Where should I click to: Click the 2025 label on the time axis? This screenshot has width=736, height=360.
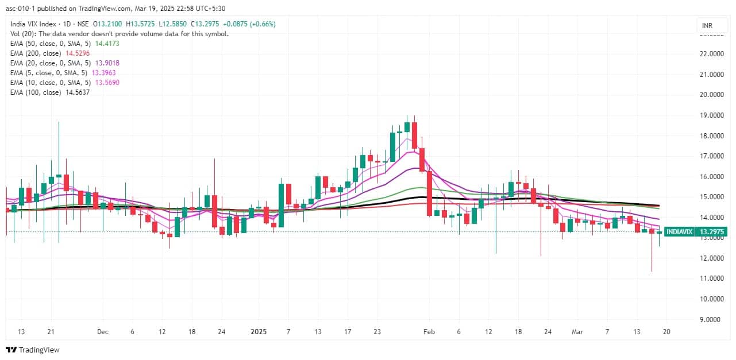pyautogui.click(x=259, y=332)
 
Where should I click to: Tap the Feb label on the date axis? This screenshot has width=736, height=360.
pyautogui.click(x=429, y=332)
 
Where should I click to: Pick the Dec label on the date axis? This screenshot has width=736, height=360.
pyautogui.click(x=103, y=332)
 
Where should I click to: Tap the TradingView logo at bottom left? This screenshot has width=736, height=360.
pyautogui.click(x=33, y=350)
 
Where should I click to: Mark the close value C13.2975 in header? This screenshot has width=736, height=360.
pyautogui.click(x=204, y=24)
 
